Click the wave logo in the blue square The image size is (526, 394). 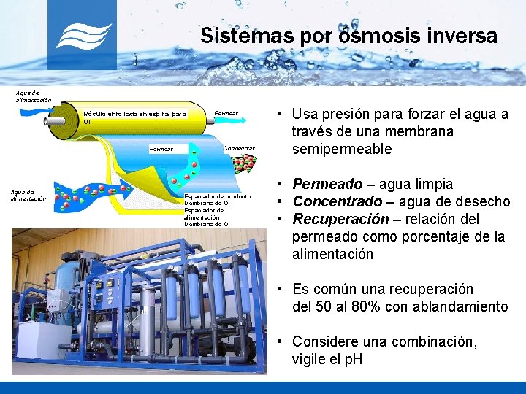pos(83,35)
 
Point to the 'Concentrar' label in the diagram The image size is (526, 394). pos(239,148)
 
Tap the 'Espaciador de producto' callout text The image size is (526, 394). pos(218,196)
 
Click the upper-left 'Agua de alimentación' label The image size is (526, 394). pos(33,96)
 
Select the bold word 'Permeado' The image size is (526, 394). pos(327,184)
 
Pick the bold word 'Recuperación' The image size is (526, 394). pos(340,219)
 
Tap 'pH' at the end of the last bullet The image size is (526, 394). pos(351,359)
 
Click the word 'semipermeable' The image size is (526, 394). pos(342,149)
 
